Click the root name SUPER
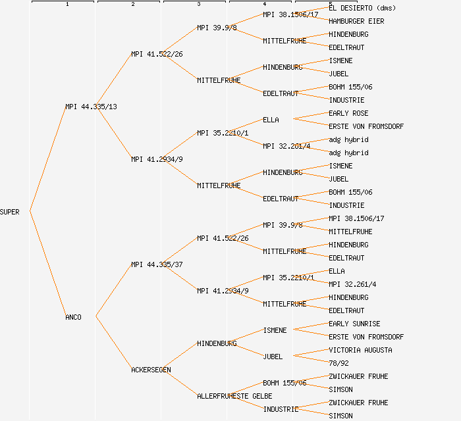point(10,212)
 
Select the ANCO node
point(73,317)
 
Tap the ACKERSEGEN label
point(151,370)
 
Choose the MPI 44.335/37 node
point(157,264)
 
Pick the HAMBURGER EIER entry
point(356,21)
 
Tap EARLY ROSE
point(348,113)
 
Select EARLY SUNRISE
point(354,324)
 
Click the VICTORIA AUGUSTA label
point(360,350)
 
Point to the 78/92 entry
point(339,363)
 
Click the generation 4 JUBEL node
point(273,357)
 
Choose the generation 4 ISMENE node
point(275,330)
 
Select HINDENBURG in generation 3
point(217,343)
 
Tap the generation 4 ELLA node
point(271,120)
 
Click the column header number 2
point(133,5)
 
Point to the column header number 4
point(265,5)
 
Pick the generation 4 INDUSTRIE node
point(281,409)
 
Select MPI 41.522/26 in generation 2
point(157,54)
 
